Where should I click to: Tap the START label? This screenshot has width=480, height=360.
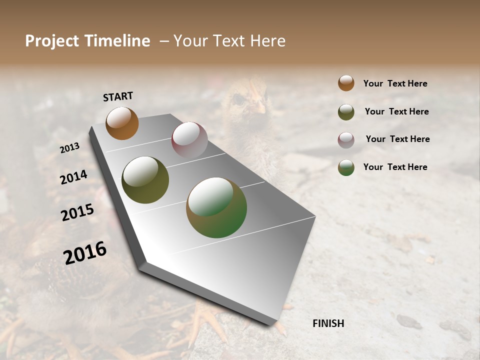pyautogui.click(x=118, y=96)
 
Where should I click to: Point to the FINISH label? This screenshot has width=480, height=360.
pyautogui.click(x=328, y=323)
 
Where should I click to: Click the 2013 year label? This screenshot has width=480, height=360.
pyautogui.click(x=69, y=148)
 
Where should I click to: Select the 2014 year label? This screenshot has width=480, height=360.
pyautogui.click(x=73, y=177)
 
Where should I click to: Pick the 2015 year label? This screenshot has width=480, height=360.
pyautogui.click(x=77, y=212)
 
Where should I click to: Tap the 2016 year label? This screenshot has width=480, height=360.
pyautogui.click(x=85, y=253)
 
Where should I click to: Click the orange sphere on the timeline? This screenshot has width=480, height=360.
pyautogui.click(x=122, y=123)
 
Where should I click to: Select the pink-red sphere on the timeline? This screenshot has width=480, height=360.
pyautogui.click(x=189, y=139)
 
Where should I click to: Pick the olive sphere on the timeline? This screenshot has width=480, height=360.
pyautogui.click(x=145, y=180)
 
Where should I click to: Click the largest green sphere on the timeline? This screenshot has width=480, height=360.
pyautogui.click(x=216, y=207)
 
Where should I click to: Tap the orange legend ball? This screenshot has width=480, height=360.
pyautogui.click(x=346, y=83)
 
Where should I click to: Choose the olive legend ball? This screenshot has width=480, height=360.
pyautogui.click(x=346, y=112)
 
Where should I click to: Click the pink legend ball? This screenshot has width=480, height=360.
pyautogui.click(x=346, y=139)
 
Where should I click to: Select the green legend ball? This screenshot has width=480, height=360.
pyautogui.click(x=346, y=167)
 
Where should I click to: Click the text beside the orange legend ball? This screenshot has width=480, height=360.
pyautogui.click(x=395, y=83)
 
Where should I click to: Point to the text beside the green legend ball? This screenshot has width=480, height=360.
pyautogui.click(x=395, y=167)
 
